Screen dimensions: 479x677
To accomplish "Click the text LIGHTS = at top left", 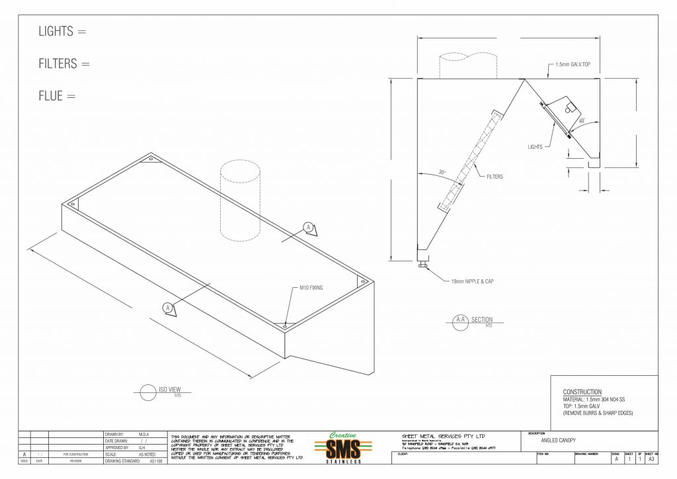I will pyautogui.click(x=62, y=31).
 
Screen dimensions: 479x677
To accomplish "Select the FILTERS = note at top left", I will pyautogui.click(x=63, y=64).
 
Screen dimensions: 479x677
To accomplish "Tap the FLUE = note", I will pyautogui.click(x=57, y=97).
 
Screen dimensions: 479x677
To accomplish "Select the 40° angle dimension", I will pyautogui.click(x=581, y=121).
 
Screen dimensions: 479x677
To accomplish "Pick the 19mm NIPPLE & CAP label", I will pyautogui.click(x=471, y=281).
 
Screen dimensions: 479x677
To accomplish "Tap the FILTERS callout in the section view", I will pyautogui.click(x=495, y=177).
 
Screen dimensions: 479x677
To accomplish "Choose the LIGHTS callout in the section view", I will pyautogui.click(x=535, y=147).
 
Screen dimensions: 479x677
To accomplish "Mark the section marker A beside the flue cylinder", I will pyautogui.click(x=308, y=228).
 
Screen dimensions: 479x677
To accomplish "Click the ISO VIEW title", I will pyautogui.click(x=170, y=390).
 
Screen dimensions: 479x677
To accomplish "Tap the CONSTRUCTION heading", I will pyautogui.click(x=582, y=392).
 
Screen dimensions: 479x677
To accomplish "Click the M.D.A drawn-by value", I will pyautogui.click(x=143, y=434).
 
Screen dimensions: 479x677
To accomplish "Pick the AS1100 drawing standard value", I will pyautogui.click(x=155, y=461).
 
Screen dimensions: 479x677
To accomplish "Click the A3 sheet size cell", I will pyautogui.click(x=651, y=458).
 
